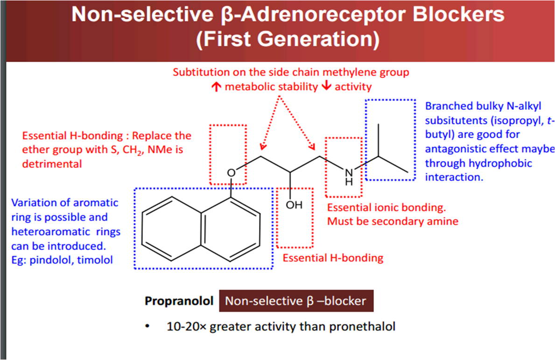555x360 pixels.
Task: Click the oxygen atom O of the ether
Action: pyautogui.click(x=232, y=173)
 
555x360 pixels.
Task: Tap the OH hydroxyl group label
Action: pyautogui.click(x=294, y=205)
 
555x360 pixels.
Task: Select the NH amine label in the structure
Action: pyautogui.click(x=348, y=176)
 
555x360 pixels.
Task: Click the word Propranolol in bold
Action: pyautogui.click(x=179, y=301)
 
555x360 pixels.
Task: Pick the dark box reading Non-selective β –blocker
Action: pyautogui.click(x=296, y=301)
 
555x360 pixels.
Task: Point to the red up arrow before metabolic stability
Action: pyautogui.click(x=216, y=87)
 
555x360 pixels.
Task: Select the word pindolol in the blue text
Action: pyautogui.click(x=49, y=260)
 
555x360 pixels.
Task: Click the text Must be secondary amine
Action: pyautogui.click(x=393, y=221)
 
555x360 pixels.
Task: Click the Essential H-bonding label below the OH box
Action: pyautogui.click(x=333, y=258)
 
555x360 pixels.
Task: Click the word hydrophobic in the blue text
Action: pyautogui.click(x=502, y=164)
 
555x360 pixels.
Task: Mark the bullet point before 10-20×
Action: pyautogui.click(x=148, y=326)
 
